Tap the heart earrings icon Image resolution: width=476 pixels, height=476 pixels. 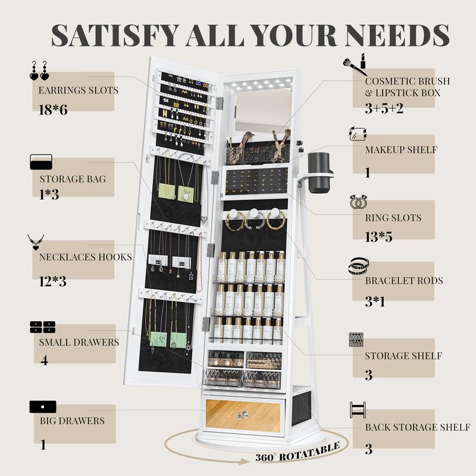pos(39,71)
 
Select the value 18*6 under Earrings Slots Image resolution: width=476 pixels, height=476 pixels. pos(53,109)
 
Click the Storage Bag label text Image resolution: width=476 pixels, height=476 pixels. pos(73,179)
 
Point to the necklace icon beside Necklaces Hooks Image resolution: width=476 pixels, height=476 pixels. pos(36,242)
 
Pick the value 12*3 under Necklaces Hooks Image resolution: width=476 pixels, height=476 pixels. pos(52,281)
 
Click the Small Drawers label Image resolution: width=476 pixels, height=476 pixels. pos(79,342)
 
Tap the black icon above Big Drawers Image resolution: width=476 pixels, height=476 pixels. pos(43,407)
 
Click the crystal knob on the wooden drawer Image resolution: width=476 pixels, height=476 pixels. pos(242,415)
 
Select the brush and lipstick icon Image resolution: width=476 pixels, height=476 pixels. pos(355,64)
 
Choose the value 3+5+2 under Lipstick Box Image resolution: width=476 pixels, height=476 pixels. pos(384,108)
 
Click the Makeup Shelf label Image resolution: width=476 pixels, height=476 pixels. pos(401,150)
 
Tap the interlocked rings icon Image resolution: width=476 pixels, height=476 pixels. pos(358,202)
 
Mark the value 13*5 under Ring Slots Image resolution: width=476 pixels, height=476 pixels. pos(378,237)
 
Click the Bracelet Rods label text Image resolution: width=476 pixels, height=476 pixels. pos(404,280)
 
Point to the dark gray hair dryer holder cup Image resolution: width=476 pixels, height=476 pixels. pos(319,173)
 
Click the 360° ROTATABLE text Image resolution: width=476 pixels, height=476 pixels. pos(297,453)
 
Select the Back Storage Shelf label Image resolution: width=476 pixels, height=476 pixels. pos(418,427)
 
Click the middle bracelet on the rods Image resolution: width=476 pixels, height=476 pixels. pos(255,218)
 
